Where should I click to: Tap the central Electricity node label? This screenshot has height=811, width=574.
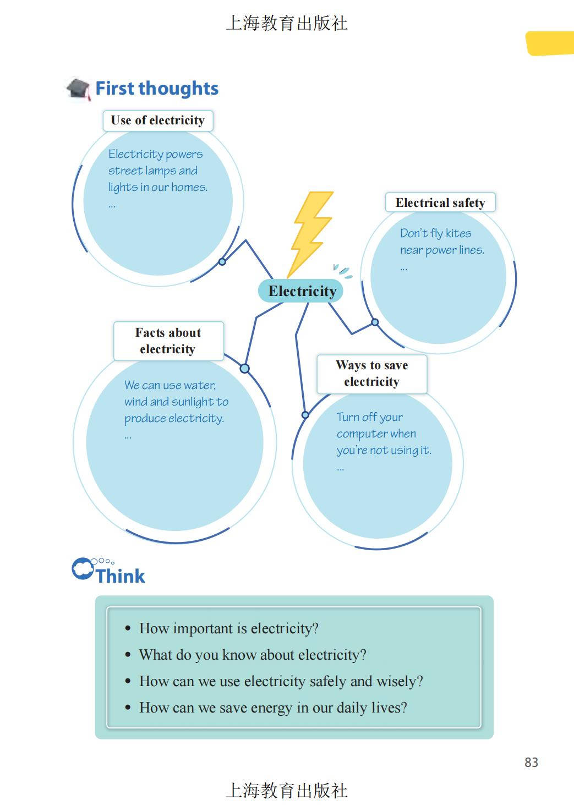coord(302,291)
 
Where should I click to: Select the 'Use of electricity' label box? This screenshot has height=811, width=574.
coord(157,120)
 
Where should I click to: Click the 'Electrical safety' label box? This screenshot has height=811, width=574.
coord(440,203)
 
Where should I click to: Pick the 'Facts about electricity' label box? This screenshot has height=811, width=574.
coord(168,341)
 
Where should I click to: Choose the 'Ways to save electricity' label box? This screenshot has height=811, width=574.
coord(371,374)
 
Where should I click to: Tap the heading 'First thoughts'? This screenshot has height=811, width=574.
coord(157,89)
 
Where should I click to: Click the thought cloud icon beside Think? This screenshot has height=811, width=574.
coord(83,569)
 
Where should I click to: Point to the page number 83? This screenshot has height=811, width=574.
coord(531,762)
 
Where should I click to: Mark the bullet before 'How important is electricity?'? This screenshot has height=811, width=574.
coord(128,628)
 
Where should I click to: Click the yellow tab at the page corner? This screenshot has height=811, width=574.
coord(550,43)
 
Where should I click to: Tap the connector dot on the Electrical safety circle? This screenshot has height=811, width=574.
coord(375,322)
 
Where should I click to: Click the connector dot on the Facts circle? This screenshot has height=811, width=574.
coord(245,368)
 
